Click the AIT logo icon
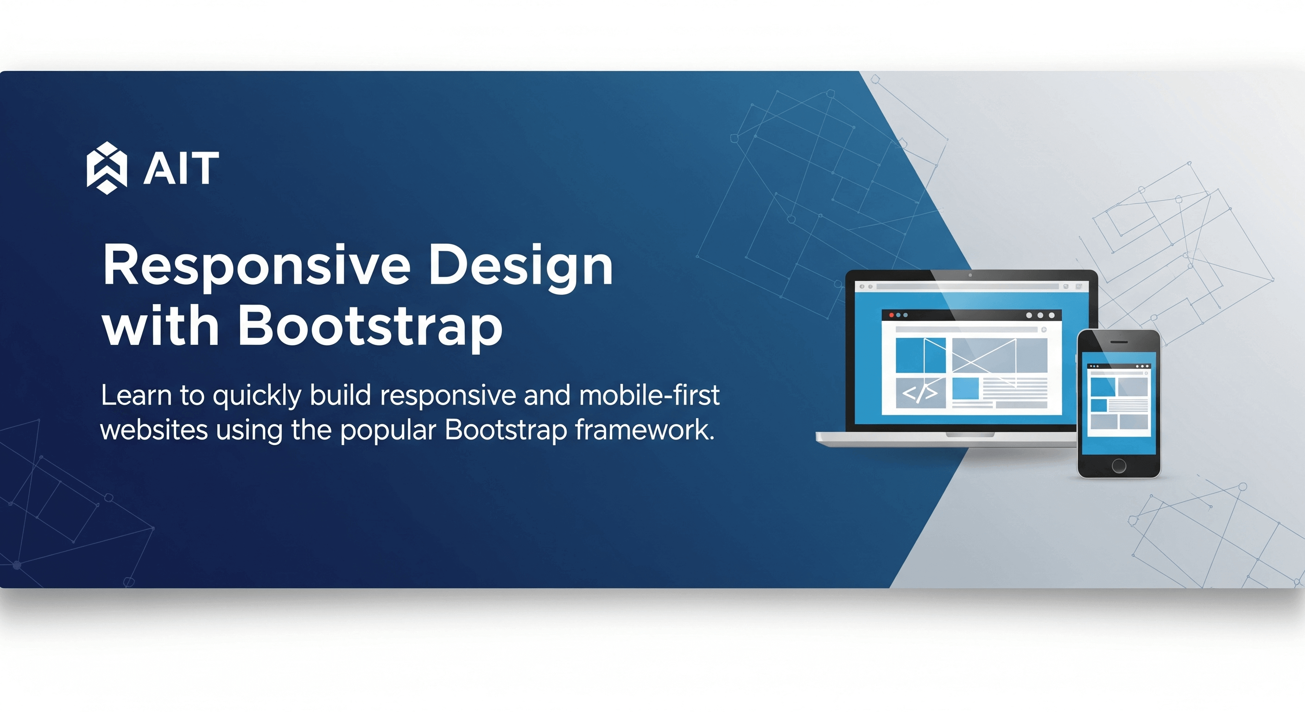107,168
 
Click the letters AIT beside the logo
181,169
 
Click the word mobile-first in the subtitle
649,395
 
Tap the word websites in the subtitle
154,430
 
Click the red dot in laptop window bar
892,315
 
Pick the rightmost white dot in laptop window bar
1052,315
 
